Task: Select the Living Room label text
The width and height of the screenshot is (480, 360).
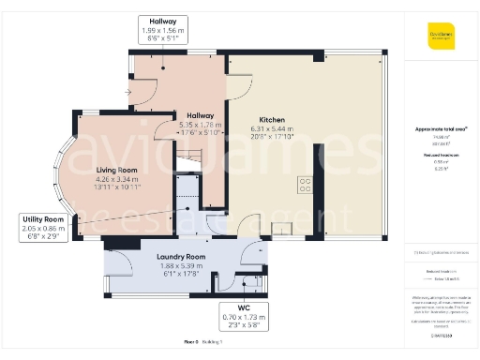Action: click(x=117, y=170)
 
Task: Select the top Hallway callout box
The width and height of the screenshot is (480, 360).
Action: click(x=163, y=30)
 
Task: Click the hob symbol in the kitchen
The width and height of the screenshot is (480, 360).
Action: click(x=305, y=184)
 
